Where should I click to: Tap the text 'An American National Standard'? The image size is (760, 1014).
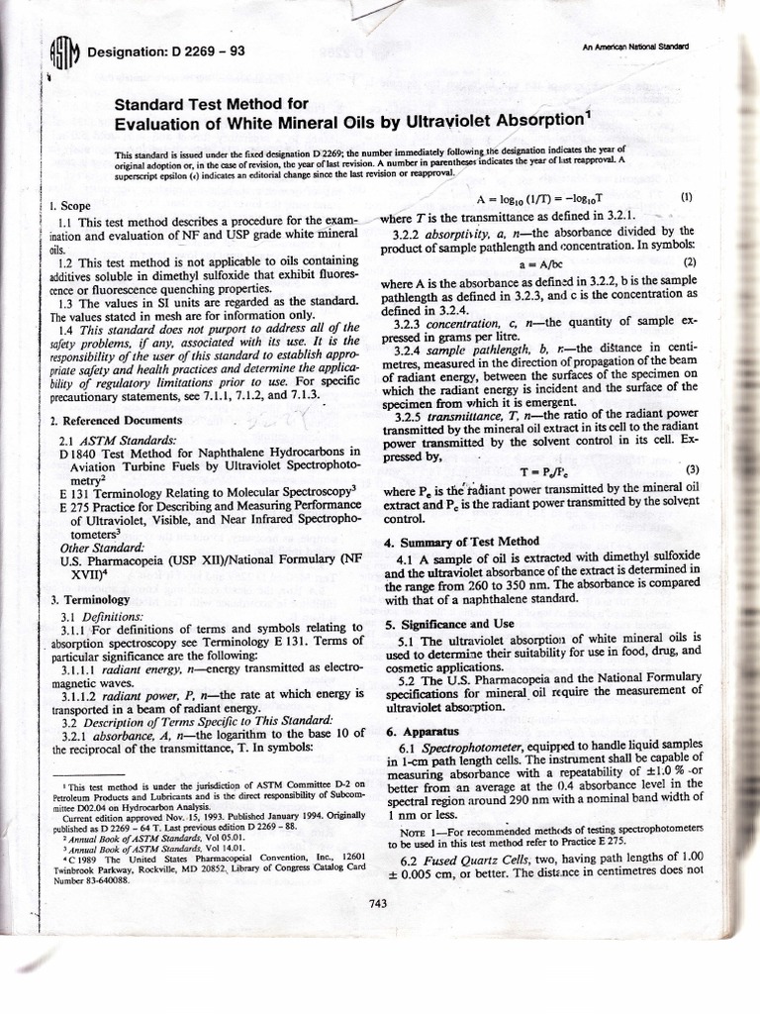point(636,48)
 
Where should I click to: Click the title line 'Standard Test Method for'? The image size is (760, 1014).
point(213,103)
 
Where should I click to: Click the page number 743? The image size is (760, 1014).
point(376,901)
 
